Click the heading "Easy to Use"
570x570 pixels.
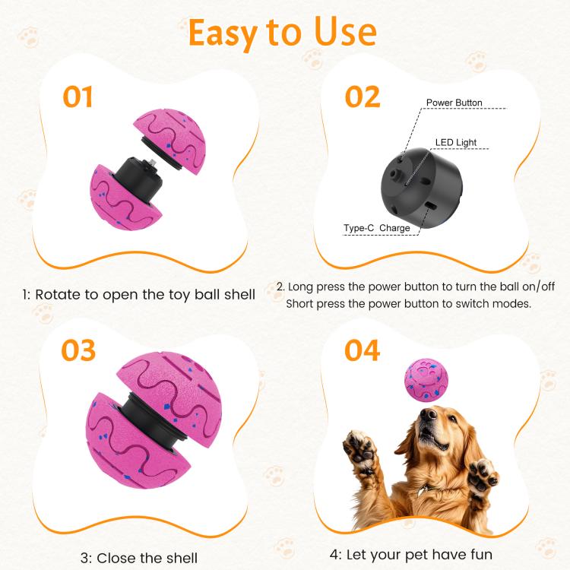[x=283, y=33]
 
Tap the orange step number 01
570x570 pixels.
[x=78, y=97]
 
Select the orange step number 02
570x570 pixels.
[x=363, y=97]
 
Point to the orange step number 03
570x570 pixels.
[x=78, y=350]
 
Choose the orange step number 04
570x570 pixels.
[x=362, y=350]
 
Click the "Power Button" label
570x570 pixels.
[x=454, y=103]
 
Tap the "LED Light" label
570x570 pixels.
[x=456, y=143]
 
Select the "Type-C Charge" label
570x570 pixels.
[x=377, y=228]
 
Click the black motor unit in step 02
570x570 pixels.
[x=422, y=188]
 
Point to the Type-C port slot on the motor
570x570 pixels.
[x=432, y=206]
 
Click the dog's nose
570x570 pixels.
[x=427, y=413]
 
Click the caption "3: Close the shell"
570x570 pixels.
[x=139, y=558]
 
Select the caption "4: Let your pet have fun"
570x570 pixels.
[x=411, y=555]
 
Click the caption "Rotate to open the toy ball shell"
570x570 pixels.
[x=145, y=294]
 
